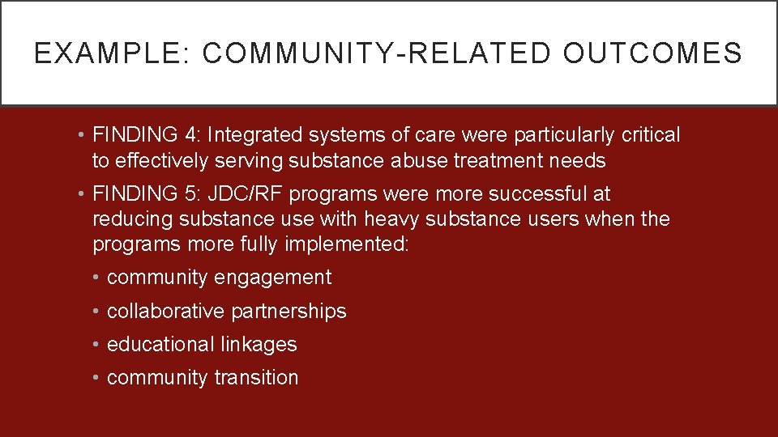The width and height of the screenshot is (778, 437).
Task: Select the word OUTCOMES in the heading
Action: click(x=653, y=53)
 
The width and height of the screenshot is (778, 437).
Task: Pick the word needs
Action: click(x=577, y=160)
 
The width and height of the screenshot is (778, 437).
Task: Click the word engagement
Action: click(x=273, y=278)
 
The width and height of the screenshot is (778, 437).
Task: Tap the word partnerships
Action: click(x=289, y=312)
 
